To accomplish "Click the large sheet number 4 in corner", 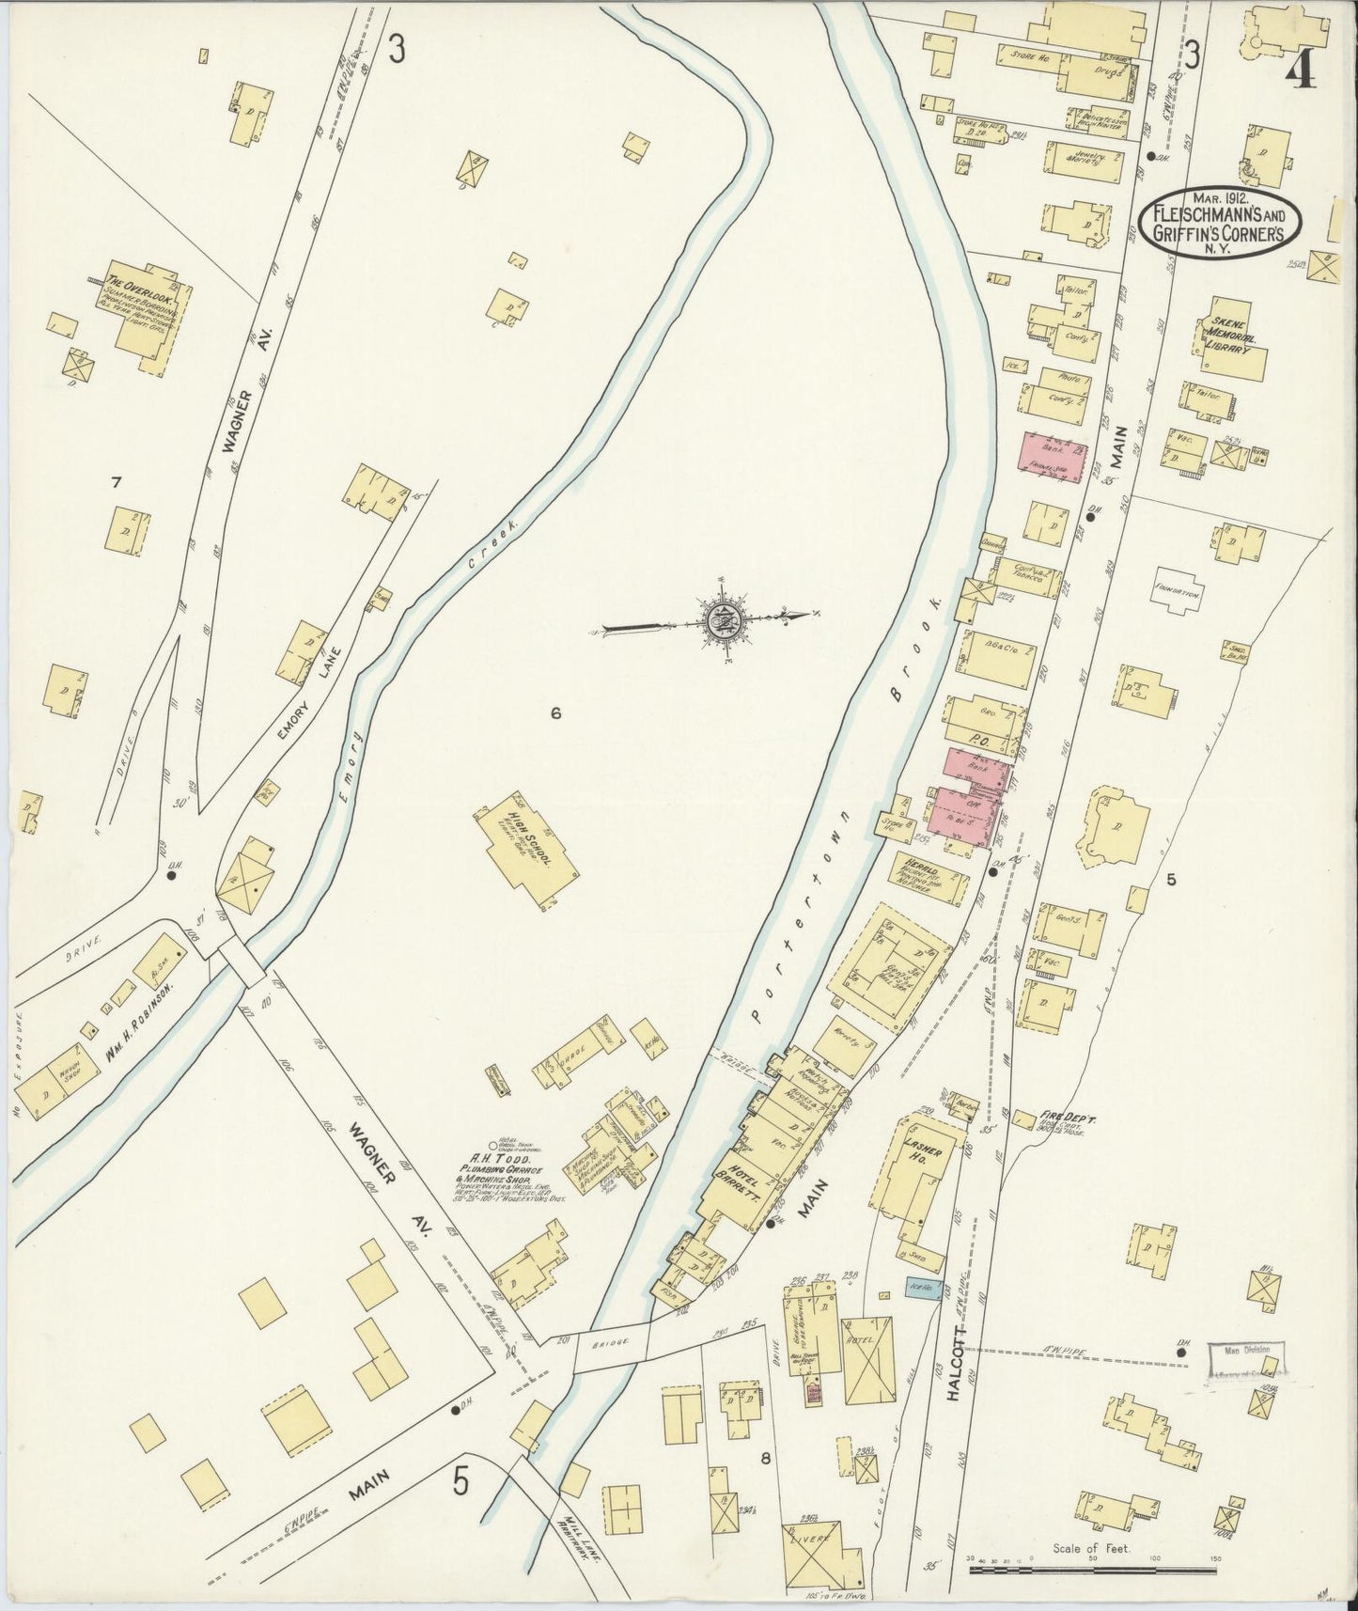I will tap(1300, 66).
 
